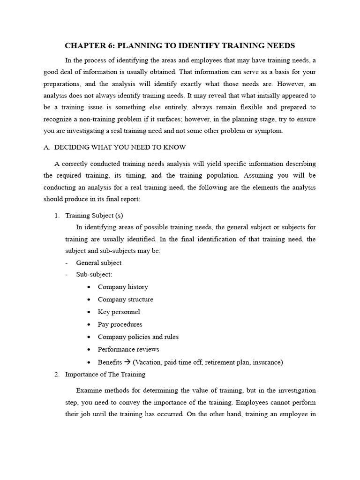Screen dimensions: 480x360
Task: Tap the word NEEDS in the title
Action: click(x=277, y=45)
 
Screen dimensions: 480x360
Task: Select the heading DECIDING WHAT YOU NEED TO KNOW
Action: click(x=120, y=147)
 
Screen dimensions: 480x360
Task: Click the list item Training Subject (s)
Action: click(x=94, y=215)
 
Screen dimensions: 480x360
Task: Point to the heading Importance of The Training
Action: click(x=105, y=374)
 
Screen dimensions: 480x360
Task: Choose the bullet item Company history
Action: click(x=123, y=287)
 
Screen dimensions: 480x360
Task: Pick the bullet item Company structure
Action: click(x=125, y=299)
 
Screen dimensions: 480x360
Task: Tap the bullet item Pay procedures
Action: click(x=120, y=324)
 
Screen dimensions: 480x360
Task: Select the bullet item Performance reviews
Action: click(x=128, y=349)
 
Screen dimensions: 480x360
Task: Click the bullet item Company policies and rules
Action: click(x=138, y=337)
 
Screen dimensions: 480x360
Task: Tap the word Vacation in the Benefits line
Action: click(x=150, y=362)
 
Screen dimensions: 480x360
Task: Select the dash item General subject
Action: click(x=98, y=262)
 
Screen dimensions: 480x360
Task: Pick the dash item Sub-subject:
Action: click(x=94, y=274)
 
